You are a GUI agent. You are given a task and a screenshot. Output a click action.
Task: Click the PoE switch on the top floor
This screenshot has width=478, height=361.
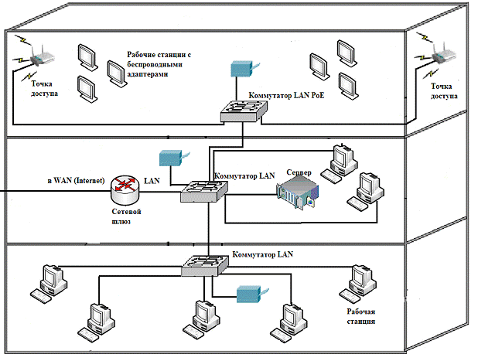tap(243, 111)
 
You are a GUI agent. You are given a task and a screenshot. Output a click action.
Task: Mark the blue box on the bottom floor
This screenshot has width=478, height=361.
tap(251, 295)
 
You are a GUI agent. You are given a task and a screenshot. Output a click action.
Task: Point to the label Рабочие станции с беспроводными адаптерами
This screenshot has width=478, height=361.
tap(159, 66)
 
